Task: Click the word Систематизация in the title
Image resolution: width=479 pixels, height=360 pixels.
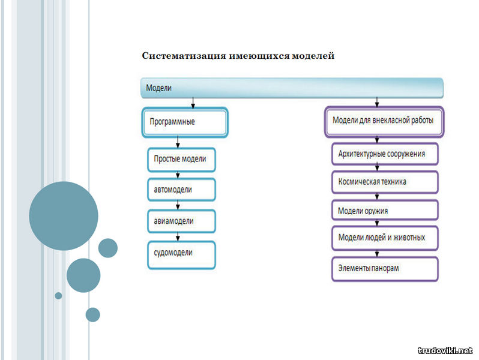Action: click(x=184, y=56)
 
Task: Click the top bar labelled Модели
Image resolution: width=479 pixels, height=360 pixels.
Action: click(x=292, y=88)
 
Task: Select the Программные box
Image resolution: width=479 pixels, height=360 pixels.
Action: click(x=185, y=122)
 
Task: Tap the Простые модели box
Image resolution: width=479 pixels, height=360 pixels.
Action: click(x=181, y=160)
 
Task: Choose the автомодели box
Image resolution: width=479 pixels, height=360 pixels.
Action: click(x=181, y=190)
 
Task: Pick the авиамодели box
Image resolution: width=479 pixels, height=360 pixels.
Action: click(x=181, y=221)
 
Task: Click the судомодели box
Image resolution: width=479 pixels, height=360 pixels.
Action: click(x=181, y=255)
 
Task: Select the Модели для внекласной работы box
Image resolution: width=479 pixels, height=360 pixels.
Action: click(x=384, y=122)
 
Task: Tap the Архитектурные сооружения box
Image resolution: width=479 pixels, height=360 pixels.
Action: click(x=385, y=154)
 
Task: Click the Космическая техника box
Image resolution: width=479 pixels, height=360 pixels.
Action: click(x=385, y=182)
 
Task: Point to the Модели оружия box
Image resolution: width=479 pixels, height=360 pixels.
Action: click(x=385, y=211)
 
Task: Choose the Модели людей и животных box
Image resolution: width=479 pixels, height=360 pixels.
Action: click(x=385, y=238)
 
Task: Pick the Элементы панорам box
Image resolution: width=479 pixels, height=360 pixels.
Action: click(x=385, y=269)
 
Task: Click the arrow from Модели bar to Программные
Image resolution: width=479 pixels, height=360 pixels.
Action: click(x=193, y=103)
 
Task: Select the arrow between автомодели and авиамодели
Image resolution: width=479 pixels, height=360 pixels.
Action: click(x=178, y=205)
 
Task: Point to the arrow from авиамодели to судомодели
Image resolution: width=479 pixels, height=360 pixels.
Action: click(x=178, y=237)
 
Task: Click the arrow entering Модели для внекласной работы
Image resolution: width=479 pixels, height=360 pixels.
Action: click(x=377, y=102)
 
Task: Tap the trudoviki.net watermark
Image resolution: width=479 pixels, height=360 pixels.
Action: click(x=445, y=351)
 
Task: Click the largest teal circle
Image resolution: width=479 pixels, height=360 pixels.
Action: click(x=64, y=216)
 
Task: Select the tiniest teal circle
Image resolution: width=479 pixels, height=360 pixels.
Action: click(x=58, y=296)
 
